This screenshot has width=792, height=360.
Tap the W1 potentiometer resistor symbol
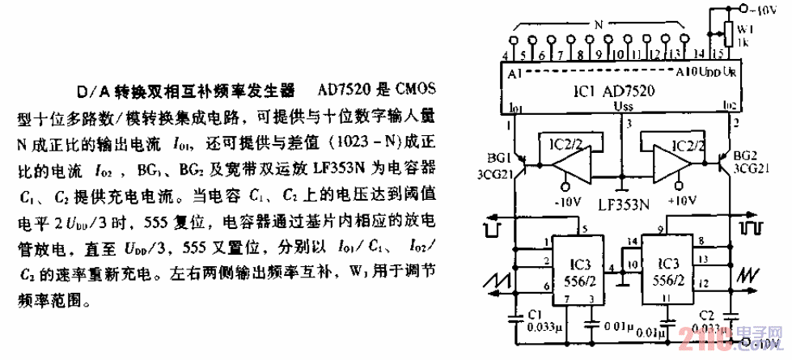728,32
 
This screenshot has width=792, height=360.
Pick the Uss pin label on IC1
623,106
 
